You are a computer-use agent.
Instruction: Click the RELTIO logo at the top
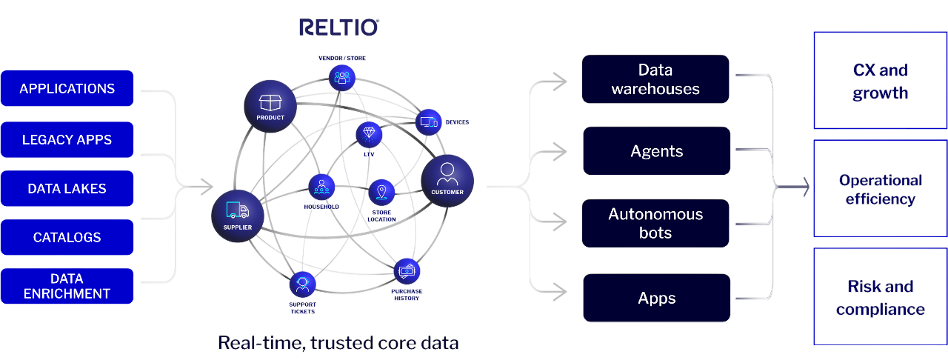339,27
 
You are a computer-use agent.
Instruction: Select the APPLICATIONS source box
67,88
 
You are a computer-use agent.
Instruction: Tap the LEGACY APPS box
67,139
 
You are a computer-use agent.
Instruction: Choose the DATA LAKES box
67,188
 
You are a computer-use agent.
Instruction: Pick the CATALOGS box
67,238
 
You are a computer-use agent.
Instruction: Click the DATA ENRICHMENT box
67,286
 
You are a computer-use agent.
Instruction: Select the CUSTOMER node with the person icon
447,181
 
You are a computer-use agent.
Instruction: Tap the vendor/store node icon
341,76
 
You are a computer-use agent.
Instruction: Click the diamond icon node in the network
368,134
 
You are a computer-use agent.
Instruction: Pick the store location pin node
381,193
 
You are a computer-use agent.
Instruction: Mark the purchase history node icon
406,272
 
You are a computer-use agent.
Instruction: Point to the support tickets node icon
302,284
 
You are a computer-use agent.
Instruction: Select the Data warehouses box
655,79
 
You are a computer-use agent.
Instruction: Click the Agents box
656,151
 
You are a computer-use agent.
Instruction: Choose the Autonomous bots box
655,223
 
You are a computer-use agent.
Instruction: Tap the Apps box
656,298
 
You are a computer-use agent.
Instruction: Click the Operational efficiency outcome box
880,190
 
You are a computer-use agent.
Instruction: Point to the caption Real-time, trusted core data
338,343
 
